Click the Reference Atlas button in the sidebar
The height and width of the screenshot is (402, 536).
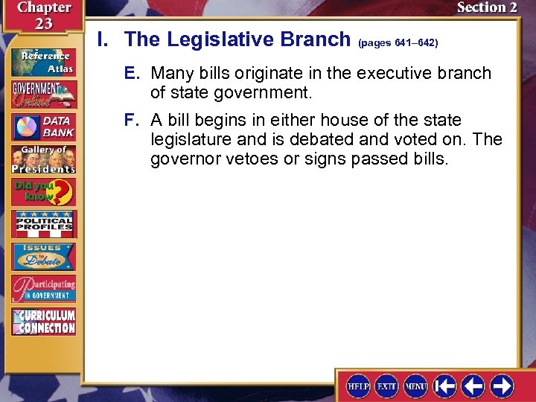point(42,62)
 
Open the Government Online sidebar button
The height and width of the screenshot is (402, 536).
point(42,94)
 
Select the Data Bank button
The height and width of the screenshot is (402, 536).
point(42,127)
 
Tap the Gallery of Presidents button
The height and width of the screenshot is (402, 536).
point(42,159)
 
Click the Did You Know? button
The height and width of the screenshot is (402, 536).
point(42,193)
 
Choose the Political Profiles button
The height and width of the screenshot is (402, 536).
point(42,224)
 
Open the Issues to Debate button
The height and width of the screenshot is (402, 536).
point(42,257)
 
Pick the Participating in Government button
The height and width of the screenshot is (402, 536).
point(42,289)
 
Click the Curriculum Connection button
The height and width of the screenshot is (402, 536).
point(42,322)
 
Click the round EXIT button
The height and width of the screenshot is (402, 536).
point(387,386)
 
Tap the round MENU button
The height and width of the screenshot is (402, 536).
point(415,386)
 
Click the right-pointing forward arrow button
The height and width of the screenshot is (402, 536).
point(501,386)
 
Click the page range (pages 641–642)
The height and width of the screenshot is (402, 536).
point(398,43)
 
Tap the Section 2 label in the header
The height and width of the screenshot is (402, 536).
point(486,8)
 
